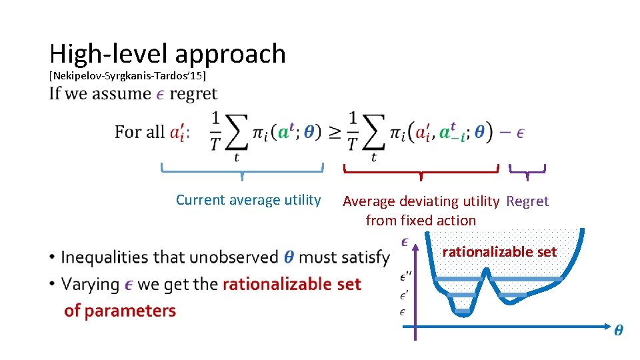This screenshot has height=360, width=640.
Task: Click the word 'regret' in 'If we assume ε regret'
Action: pyautogui.click(x=193, y=94)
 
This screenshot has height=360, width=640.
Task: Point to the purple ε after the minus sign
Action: pyautogui.click(x=520, y=132)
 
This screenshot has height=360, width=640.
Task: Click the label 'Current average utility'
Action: pyautogui.click(x=248, y=200)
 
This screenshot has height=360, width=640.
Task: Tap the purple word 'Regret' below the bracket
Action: pyautogui.click(x=527, y=201)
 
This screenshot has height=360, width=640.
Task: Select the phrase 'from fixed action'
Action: pyautogui.click(x=421, y=220)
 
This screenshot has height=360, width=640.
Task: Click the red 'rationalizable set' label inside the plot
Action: pyautogui.click(x=499, y=252)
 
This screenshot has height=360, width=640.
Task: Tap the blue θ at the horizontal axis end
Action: pyautogui.click(x=619, y=330)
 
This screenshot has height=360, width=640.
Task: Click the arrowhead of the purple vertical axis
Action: pyautogui.click(x=415, y=247)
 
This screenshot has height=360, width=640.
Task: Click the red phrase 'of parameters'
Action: pyautogui.click(x=120, y=311)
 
